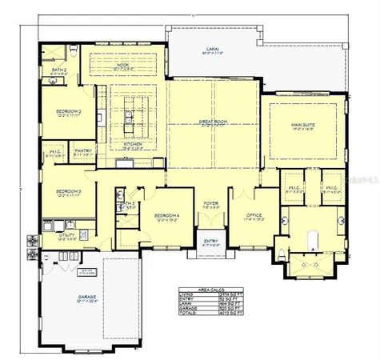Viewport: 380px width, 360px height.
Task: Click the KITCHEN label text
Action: click(x=133, y=144)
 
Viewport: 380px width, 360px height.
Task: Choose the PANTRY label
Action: click(x=82, y=150)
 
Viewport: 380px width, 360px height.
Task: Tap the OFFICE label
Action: click(x=254, y=214)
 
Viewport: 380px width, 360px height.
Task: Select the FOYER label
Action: click(x=210, y=204)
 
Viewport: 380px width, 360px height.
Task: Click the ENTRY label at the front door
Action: click(x=210, y=241)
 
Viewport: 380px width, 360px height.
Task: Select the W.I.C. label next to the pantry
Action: click(x=55, y=154)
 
